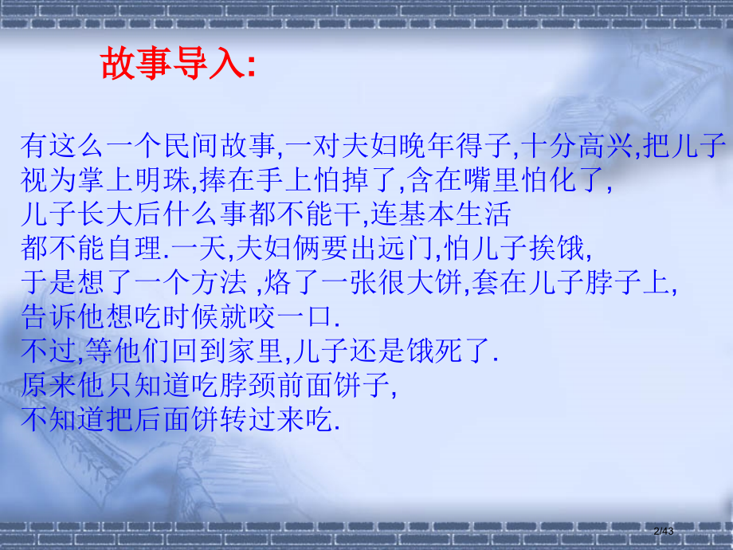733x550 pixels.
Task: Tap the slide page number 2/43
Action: pos(663,530)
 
